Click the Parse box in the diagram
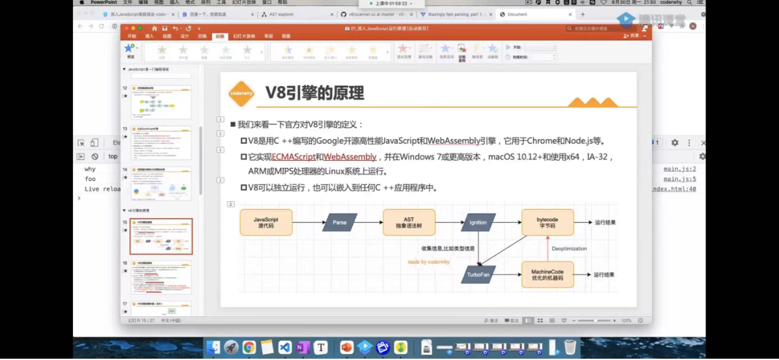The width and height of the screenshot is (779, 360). coord(340,223)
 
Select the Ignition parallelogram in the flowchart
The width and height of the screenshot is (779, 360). coord(478,223)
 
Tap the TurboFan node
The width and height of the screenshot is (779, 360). coord(478,275)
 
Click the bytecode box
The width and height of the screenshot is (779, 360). coord(548,222)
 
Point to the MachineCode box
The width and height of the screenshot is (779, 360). coord(547,274)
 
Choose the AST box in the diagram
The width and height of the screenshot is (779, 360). coord(409,222)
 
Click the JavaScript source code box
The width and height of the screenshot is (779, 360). coord(266,222)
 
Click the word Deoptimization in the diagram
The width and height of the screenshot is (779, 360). coord(569,249)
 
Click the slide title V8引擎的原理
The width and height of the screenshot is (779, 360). coord(314,94)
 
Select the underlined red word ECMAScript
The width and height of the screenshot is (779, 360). coord(293,157)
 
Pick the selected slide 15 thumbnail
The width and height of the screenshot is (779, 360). coord(161,236)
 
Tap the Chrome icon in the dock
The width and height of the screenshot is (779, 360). coord(249,348)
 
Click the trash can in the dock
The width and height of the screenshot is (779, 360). coord(570,348)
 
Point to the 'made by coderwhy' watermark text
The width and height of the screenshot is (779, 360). coord(429,262)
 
